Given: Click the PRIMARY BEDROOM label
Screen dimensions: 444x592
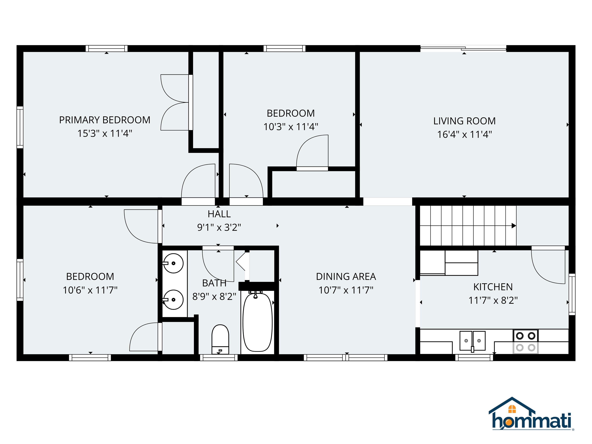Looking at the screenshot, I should pyautogui.click(x=105, y=120).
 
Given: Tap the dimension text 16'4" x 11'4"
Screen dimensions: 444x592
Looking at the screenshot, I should pyautogui.click(x=464, y=134).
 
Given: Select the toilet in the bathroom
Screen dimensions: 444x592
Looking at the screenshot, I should pyautogui.click(x=220, y=339).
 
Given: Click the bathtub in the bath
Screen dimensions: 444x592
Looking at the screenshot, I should pyautogui.click(x=257, y=322).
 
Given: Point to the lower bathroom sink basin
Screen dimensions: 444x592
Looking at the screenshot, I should pyautogui.click(x=173, y=300).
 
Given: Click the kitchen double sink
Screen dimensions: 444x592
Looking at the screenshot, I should pyautogui.click(x=472, y=341).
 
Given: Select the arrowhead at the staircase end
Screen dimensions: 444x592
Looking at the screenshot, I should pyautogui.click(x=514, y=226).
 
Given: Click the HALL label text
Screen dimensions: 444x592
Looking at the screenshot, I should pyautogui.click(x=219, y=214).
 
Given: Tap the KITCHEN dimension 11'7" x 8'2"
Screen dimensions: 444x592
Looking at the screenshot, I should pyautogui.click(x=493, y=300).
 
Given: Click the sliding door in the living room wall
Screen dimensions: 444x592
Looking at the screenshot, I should pyautogui.click(x=463, y=49).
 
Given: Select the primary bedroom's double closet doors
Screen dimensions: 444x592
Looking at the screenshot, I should pyautogui.click(x=175, y=103).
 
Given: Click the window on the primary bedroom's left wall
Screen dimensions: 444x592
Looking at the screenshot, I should pyautogui.click(x=20, y=127).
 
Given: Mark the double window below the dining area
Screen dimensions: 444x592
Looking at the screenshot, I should pyautogui.click(x=346, y=357).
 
